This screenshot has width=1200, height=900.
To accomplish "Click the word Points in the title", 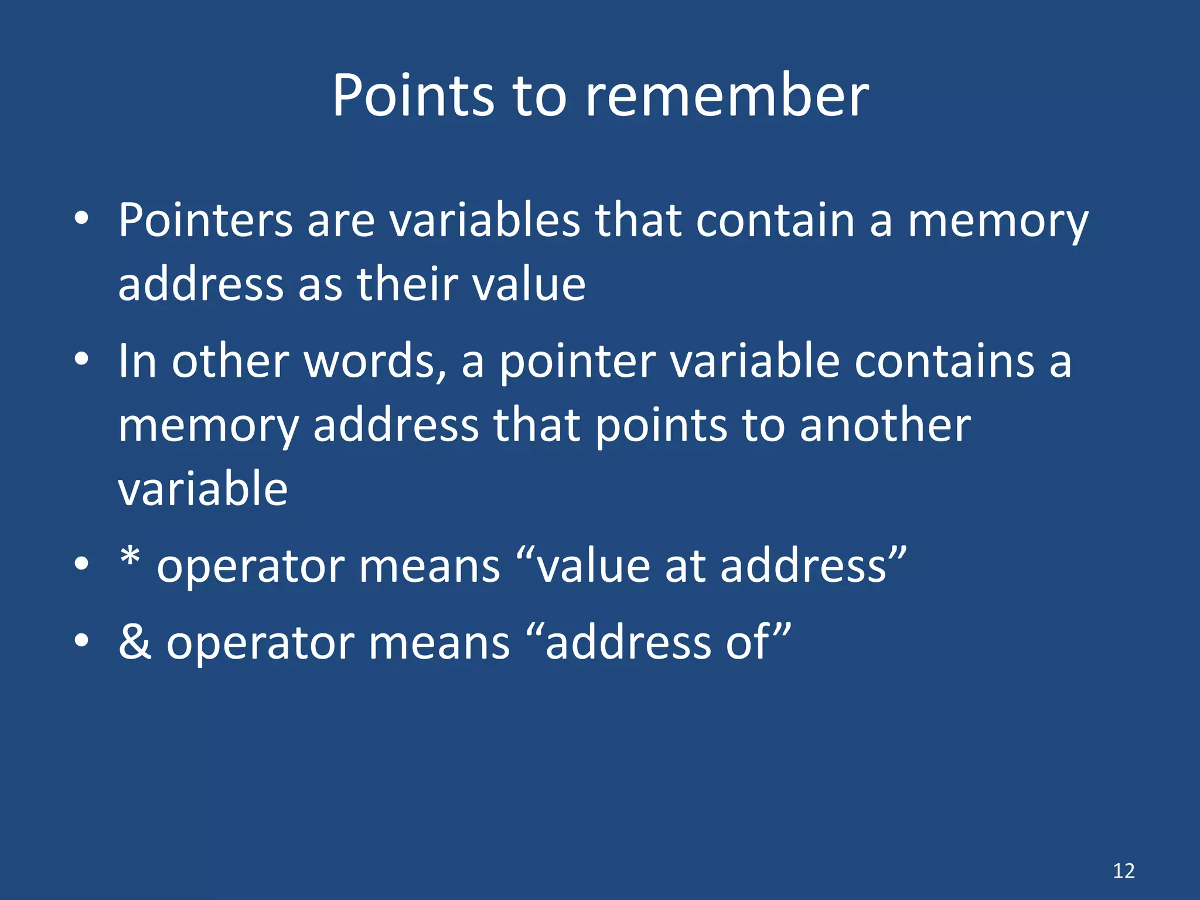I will (x=413, y=96).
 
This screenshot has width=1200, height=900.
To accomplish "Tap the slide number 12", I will (x=1123, y=871).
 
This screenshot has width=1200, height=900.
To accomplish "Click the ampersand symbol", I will (x=135, y=642).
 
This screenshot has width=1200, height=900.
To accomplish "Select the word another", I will (x=885, y=425).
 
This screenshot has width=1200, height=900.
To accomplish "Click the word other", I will (x=231, y=361).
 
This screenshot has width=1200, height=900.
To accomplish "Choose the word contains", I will (x=944, y=361).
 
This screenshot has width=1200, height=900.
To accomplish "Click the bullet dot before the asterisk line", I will (x=81, y=564).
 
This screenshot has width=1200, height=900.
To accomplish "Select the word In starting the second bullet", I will (x=137, y=361).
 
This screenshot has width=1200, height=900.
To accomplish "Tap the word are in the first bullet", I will (x=340, y=221).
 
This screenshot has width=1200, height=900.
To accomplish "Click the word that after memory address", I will (x=537, y=425).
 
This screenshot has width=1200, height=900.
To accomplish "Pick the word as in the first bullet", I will (x=320, y=285).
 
